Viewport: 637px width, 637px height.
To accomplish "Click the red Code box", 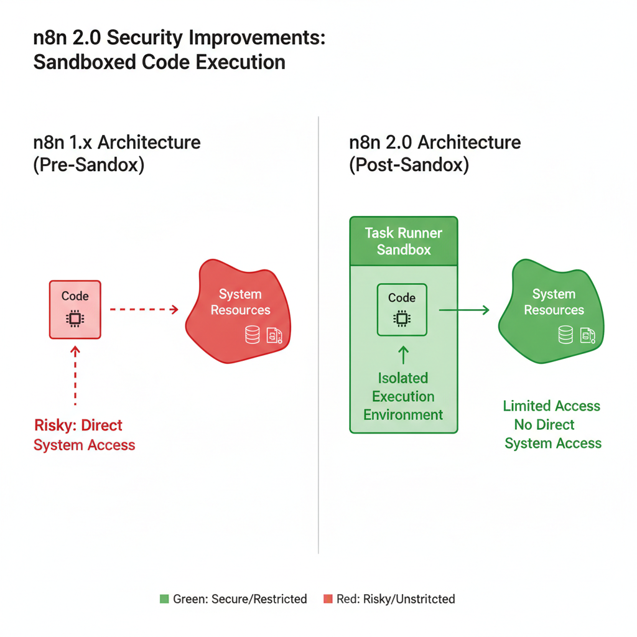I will click(75, 309).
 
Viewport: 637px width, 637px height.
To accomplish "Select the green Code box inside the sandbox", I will click(402, 309).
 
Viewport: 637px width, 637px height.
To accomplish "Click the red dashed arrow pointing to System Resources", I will click(144, 309).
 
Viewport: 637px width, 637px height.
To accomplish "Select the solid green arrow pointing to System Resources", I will click(464, 309).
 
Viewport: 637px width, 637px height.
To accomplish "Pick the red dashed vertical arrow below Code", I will click(75, 376).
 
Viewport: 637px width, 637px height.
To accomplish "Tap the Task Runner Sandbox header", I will click(403, 241).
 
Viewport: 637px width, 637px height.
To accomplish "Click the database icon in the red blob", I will click(252, 335).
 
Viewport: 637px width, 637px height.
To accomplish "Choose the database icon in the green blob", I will click(565, 335).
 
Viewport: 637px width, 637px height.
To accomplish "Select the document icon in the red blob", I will click(274, 336).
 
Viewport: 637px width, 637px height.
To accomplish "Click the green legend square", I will click(164, 599).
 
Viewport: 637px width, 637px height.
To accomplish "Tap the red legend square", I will click(328, 599).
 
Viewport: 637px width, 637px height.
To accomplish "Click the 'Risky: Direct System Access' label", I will click(84, 435).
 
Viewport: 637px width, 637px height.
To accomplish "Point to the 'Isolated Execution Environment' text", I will click(403, 396).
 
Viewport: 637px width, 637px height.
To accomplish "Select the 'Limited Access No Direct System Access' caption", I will click(552, 425).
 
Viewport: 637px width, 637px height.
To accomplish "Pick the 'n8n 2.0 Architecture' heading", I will click(435, 142).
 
